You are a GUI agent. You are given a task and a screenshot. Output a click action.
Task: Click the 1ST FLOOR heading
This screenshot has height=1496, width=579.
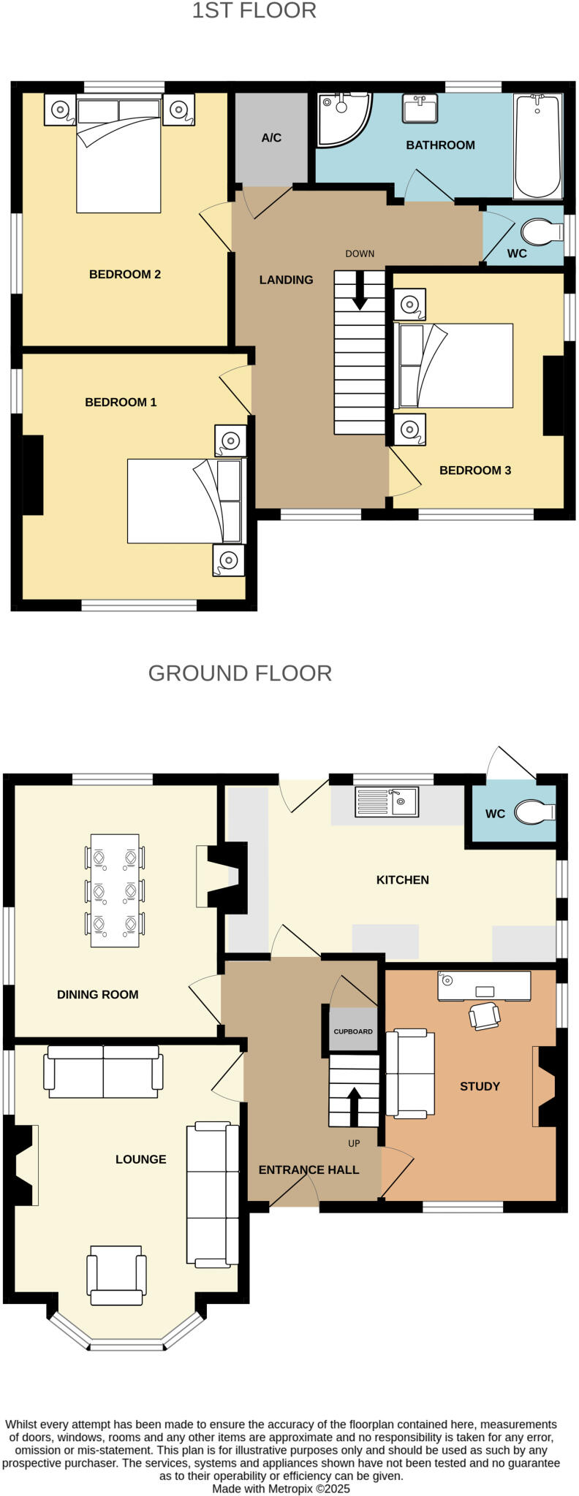click(x=254, y=11)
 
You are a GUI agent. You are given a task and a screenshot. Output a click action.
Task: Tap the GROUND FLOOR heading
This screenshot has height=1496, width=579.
click(x=240, y=673)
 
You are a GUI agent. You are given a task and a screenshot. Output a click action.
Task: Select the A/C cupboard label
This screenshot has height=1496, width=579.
click(x=271, y=137)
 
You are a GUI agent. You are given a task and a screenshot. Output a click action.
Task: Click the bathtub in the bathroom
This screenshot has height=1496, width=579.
click(x=537, y=146)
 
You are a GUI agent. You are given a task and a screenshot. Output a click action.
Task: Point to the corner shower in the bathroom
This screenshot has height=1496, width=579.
click(x=342, y=118)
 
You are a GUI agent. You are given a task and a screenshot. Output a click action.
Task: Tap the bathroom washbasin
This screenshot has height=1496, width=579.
click(x=420, y=109)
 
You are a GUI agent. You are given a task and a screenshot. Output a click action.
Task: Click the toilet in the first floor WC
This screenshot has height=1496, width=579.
click(x=541, y=232)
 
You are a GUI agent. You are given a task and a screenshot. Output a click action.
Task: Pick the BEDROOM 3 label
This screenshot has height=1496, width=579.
click(x=474, y=470)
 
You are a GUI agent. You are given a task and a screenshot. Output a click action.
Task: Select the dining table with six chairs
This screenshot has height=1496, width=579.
click(x=115, y=890)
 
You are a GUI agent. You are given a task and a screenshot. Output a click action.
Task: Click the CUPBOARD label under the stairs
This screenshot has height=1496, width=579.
click(x=353, y=1031)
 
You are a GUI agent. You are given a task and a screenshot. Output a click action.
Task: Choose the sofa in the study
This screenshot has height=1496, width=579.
click(x=409, y=1073)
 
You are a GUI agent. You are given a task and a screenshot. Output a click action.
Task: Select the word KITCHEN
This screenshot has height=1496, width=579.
click(x=402, y=879)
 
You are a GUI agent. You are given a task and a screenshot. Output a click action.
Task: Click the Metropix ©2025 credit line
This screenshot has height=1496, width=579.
click(x=281, y=1488)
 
